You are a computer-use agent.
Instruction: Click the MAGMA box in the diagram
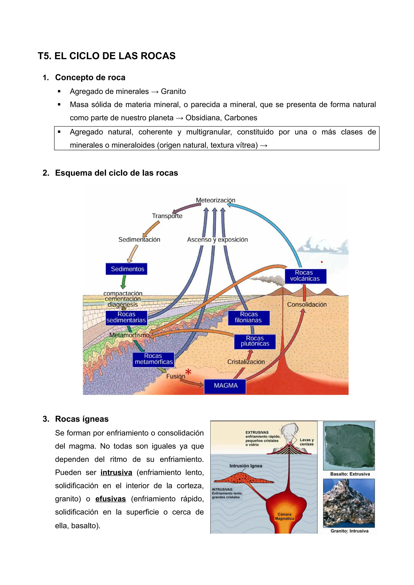point(225,385)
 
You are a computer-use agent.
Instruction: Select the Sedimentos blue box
point(126,269)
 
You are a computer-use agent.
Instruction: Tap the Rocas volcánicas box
point(305,276)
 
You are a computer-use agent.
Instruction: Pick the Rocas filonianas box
point(249,318)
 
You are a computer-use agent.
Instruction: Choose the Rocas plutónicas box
point(255,341)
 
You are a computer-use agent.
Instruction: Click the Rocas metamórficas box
point(153,359)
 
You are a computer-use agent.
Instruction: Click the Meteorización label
point(215,200)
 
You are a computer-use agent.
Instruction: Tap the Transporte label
point(167,216)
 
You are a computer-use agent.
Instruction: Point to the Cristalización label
point(246,362)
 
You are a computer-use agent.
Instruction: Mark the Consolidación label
point(307,304)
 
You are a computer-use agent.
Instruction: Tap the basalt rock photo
point(349,446)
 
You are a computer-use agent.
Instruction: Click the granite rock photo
point(349,503)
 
